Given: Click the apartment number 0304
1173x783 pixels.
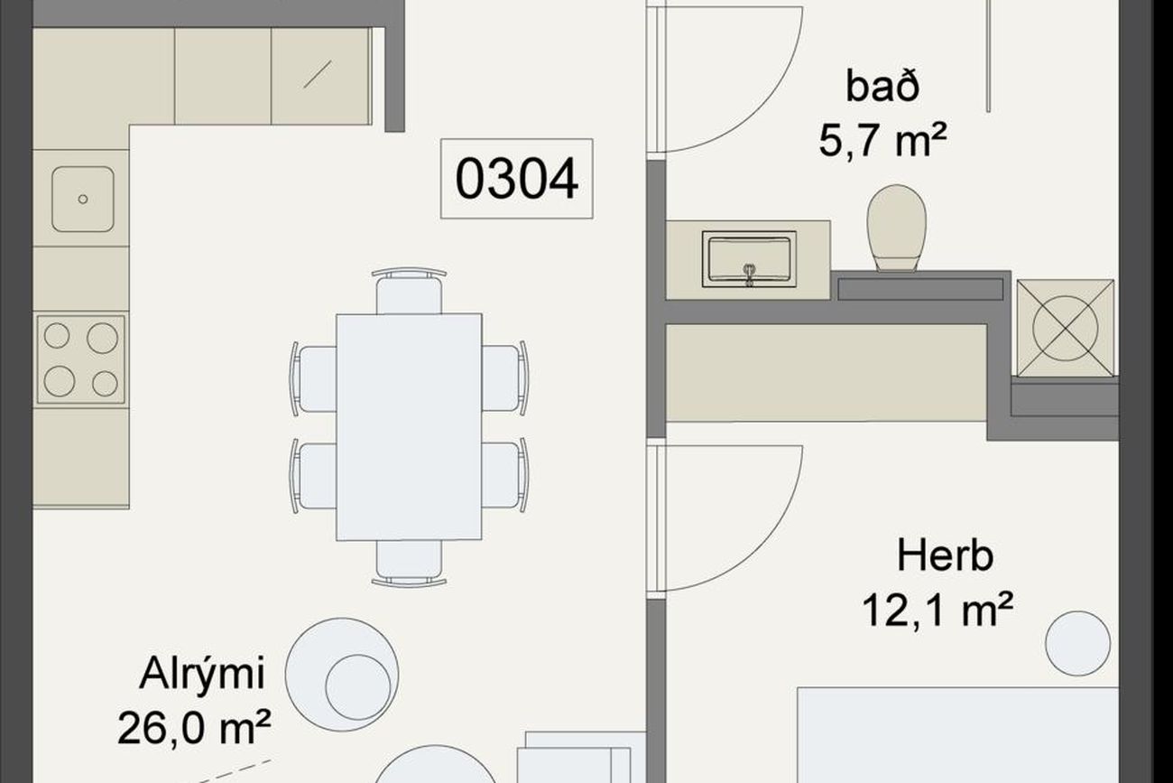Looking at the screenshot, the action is pos(517,178).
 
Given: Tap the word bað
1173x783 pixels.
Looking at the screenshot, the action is pos(882,87).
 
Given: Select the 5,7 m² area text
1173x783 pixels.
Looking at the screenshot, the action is pos(882,141).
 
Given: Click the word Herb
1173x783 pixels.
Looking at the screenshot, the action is pos(946,555).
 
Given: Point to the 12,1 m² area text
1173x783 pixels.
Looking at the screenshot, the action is pos(937,610).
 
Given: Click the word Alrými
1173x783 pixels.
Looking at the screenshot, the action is pos(202,675).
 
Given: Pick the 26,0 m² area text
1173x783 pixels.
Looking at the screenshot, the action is pos(194,727).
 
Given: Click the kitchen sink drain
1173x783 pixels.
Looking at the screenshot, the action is pos(83,200).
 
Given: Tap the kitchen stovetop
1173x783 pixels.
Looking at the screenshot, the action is pos(80,359).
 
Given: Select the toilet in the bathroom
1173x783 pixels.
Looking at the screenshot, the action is pos(897,228).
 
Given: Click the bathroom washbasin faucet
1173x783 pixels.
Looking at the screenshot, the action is pos(749,275).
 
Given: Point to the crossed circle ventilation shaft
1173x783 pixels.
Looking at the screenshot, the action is pos(1065,328).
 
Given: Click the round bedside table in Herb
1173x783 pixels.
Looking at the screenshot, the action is pos(1077,643).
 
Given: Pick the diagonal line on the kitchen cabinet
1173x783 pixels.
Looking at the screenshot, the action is pos(318,74).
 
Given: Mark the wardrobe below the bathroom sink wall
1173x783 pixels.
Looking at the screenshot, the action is pos(826,373).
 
